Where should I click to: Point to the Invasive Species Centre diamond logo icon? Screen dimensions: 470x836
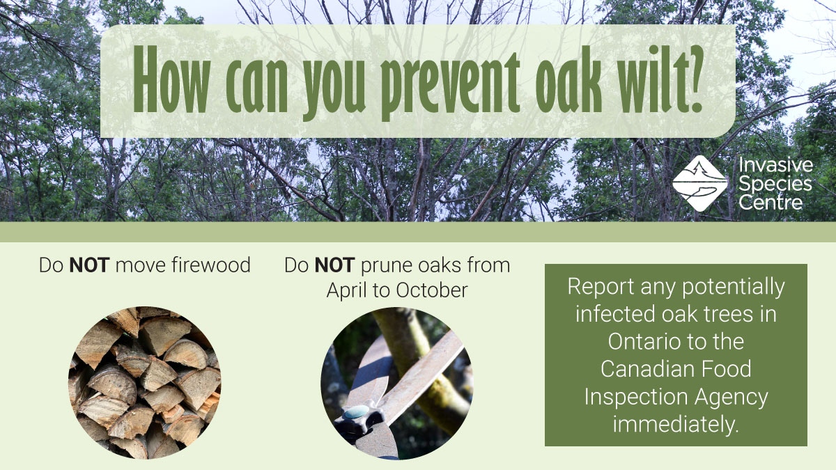click(699, 182)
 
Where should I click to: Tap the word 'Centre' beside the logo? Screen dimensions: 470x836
click(771, 203)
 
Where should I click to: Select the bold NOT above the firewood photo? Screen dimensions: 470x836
click(89, 265)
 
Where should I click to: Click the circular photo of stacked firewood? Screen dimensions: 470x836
click(144, 383)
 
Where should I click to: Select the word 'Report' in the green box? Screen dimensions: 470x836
click(601, 287)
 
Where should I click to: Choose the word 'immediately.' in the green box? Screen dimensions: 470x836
click(675, 423)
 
